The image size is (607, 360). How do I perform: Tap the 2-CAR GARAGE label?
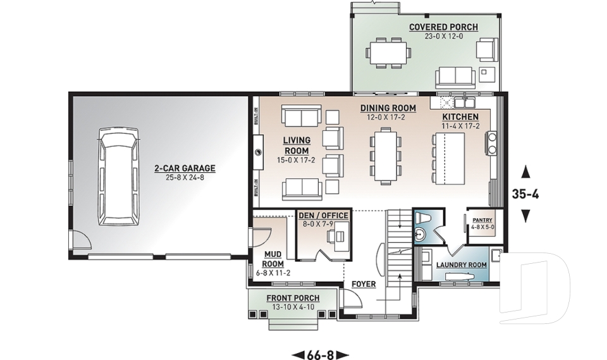185,168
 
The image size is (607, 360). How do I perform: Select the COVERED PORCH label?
443,27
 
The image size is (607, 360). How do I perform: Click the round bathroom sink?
420,235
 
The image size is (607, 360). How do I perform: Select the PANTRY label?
482,220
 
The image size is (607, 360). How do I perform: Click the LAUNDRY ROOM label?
461,265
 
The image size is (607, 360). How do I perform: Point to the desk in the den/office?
336,235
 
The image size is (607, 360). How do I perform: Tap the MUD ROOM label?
273,259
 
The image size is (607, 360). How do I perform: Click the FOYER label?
364,285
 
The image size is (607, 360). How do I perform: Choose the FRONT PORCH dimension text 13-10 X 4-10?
293,307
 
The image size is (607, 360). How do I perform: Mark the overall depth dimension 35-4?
525,194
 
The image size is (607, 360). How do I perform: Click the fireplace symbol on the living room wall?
259,152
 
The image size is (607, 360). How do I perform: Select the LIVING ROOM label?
297,146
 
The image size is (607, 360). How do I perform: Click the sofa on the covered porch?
455,77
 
